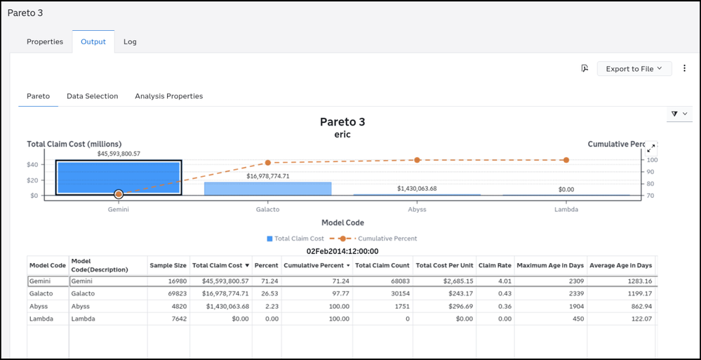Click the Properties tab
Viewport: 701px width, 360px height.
click(x=45, y=41)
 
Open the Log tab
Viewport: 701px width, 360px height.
click(x=130, y=41)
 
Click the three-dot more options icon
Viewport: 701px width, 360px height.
click(x=684, y=69)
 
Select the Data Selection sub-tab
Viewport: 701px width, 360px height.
click(x=93, y=96)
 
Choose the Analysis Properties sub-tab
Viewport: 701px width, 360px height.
click(x=169, y=96)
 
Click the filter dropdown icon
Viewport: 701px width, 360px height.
click(x=679, y=114)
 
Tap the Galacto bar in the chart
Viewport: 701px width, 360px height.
click(x=268, y=189)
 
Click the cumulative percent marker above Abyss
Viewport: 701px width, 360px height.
click(x=417, y=160)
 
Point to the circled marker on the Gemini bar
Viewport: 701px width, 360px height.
click(x=119, y=194)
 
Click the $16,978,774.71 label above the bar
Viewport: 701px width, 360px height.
click(x=268, y=176)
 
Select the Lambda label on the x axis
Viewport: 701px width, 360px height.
click(x=566, y=209)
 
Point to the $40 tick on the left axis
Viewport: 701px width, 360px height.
click(x=32, y=165)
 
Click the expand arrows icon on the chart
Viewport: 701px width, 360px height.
click(x=651, y=148)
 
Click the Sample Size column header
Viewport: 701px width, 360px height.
click(x=168, y=265)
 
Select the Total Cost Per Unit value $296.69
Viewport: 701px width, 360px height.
click(x=460, y=307)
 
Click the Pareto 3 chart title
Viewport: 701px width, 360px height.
click(x=343, y=121)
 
